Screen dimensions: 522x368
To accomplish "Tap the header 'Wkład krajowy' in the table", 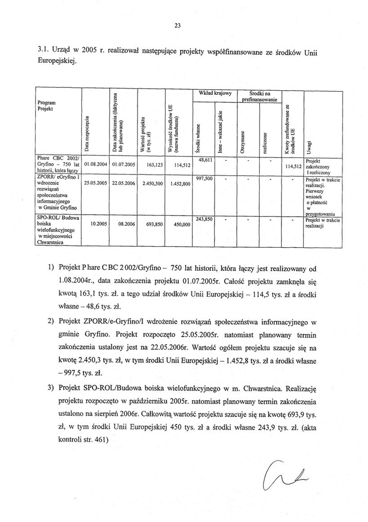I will [215, 93].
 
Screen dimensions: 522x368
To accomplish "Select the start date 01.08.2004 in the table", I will [94, 165].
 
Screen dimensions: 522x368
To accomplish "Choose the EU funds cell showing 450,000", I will [180, 224].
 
